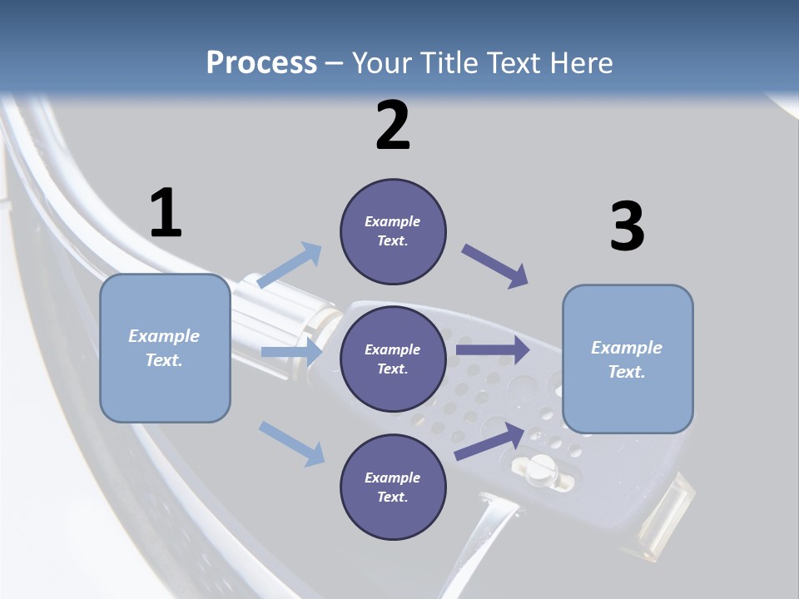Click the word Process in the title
[261, 63]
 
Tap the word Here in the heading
[580, 63]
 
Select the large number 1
[166, 214]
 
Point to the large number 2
[393, 126]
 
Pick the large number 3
[627, 226]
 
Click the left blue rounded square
[165, 349]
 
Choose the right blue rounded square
[628, 359]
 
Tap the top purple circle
[393, 231]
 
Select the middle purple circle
[393, 359]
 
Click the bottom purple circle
[393, 487]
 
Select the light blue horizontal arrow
[291, 352]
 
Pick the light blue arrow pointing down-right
[292, 443]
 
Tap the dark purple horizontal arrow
[493, 349]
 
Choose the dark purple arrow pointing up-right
[490, 441]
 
